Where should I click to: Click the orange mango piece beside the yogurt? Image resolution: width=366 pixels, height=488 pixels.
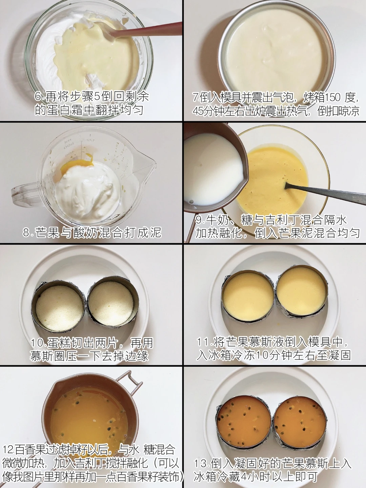pos(76,165)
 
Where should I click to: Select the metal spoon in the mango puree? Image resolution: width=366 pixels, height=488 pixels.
pos(325,193)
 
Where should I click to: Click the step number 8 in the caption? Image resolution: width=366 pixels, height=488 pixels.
pos(26,232)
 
